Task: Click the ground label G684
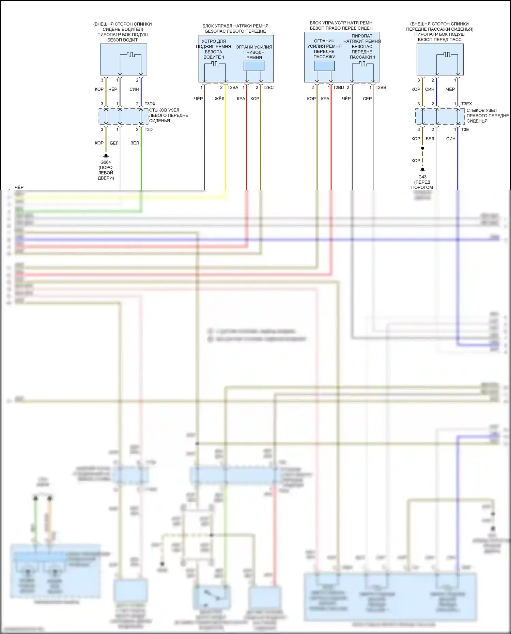point(106,162)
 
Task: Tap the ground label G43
point(422,177)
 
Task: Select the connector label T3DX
point(150,104)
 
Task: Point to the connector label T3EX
point(466,104)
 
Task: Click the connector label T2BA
point(233,88)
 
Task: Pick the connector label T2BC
point(268,88)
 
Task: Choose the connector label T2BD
point(338,88)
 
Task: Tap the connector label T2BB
point(381,88)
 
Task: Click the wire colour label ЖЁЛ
point(219,99)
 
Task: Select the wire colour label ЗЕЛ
point(135,143)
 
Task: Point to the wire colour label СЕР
point(367,99)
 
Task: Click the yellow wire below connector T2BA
point(226,143)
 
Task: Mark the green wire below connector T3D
point(141,164)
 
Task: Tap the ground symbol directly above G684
point(106,156)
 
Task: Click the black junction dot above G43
point(422,148)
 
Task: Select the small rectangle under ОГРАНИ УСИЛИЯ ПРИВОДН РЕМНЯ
point(254,66)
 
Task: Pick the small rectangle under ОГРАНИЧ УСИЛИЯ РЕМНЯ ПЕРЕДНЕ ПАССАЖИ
point(324,66)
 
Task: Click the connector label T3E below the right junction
point(465,129)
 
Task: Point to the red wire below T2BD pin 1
point(331,143)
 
